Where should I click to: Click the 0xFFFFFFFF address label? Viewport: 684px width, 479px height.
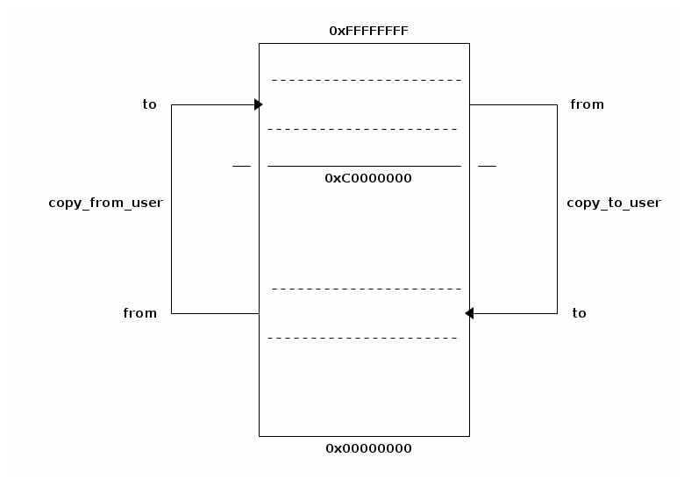(x=368, y=31)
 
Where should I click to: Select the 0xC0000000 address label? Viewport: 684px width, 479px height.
(x=368, y=178)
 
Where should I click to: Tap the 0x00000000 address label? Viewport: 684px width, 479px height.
(x=368, y=448)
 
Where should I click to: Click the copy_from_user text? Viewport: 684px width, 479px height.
(x=105, y=203)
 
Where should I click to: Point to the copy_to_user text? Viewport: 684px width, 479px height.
(x=614, y=203)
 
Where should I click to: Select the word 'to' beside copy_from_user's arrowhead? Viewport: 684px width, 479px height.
(x=150, y=104)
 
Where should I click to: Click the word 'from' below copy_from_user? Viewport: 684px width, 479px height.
(x=140, y=313)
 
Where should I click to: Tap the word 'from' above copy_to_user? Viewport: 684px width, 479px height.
(x=587, y=104)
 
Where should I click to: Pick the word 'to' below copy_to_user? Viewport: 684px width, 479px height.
(x=579, y=313)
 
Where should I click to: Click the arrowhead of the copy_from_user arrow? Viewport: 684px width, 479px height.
(x=258, y=104)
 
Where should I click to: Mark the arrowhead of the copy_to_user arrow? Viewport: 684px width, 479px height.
(x=470, y=313)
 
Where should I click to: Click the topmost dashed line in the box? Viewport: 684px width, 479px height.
(x=367, y=80)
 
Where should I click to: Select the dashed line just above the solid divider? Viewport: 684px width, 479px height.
(x=362, y=129)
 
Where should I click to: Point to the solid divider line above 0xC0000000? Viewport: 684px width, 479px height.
(x=364, y=166)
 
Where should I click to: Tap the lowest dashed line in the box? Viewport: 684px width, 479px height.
(x=362, y=338)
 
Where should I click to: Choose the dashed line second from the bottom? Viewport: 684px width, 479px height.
(x=367, y=289)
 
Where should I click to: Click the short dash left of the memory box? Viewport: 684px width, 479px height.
(x=241, y=166)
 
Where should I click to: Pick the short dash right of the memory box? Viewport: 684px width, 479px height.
(x=487, y=166)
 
